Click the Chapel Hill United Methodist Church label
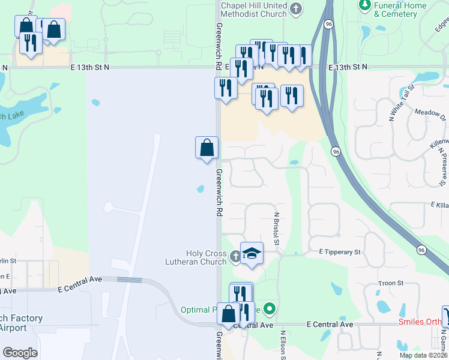click(253, 10)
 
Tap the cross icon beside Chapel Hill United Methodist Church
click(295, 8)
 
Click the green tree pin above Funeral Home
click(364, 5)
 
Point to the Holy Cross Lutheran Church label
click(197, 257)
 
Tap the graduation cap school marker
click(252, 253)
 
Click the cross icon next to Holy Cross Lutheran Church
click(235, 257)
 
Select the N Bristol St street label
click(277, 229)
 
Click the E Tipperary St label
click(335, 252)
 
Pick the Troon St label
click(390, 283)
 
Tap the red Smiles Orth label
click(420, 322)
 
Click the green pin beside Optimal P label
click(270, 310)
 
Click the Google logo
click(20, 353)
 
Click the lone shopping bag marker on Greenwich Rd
click(206, 148)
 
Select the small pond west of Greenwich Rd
click(200, 190)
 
